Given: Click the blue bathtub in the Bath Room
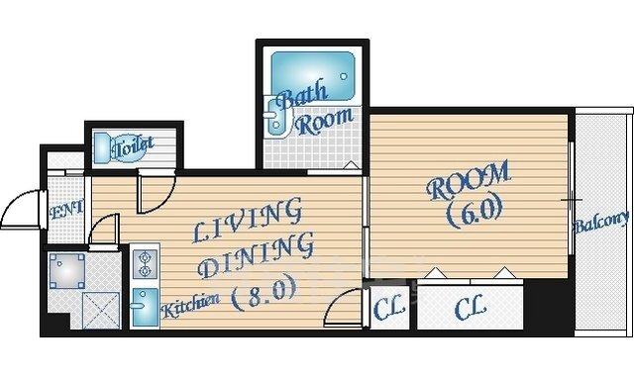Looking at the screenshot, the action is click(313, 75).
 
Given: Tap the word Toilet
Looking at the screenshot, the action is click(134, 147).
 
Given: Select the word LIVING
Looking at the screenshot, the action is click(247, 220).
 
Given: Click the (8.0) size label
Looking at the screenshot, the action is click(264, 295).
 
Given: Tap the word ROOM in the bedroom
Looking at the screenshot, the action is click(469, 180).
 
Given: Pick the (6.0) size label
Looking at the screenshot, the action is click(475, 213).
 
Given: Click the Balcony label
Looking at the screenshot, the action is click(601, 223).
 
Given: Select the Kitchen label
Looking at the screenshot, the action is click(190, 305).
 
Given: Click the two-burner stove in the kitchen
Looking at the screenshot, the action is click(145, 264).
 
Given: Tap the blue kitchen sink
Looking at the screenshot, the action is click(145, 307).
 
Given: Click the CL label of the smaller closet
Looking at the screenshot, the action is click(388, 308).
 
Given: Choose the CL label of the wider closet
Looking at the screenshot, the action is click(470, 309).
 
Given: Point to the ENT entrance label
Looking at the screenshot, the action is click(66, 211).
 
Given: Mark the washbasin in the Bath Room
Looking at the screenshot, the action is click(275, 118).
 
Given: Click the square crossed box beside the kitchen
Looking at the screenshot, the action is click(101, 310).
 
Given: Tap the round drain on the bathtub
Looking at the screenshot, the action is click(344, 76).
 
